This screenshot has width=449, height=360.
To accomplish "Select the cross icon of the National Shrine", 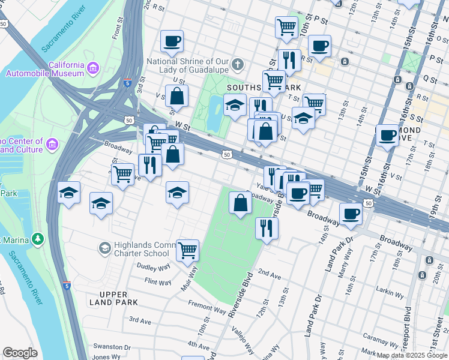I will [238, 64].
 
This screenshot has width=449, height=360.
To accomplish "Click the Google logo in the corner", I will [20, 353].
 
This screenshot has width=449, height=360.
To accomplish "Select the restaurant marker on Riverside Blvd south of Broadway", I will [267, 227].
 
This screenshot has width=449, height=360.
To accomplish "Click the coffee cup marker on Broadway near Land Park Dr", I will [351, 213].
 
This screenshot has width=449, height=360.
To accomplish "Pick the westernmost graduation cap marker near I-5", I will [70, 193].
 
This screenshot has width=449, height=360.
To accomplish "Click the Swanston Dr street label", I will [112, 347].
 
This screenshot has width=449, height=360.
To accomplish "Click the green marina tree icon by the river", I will [38, 239].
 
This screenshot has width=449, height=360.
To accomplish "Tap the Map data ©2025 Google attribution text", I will [412, 355].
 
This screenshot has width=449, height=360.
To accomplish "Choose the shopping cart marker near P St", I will [286, 26].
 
